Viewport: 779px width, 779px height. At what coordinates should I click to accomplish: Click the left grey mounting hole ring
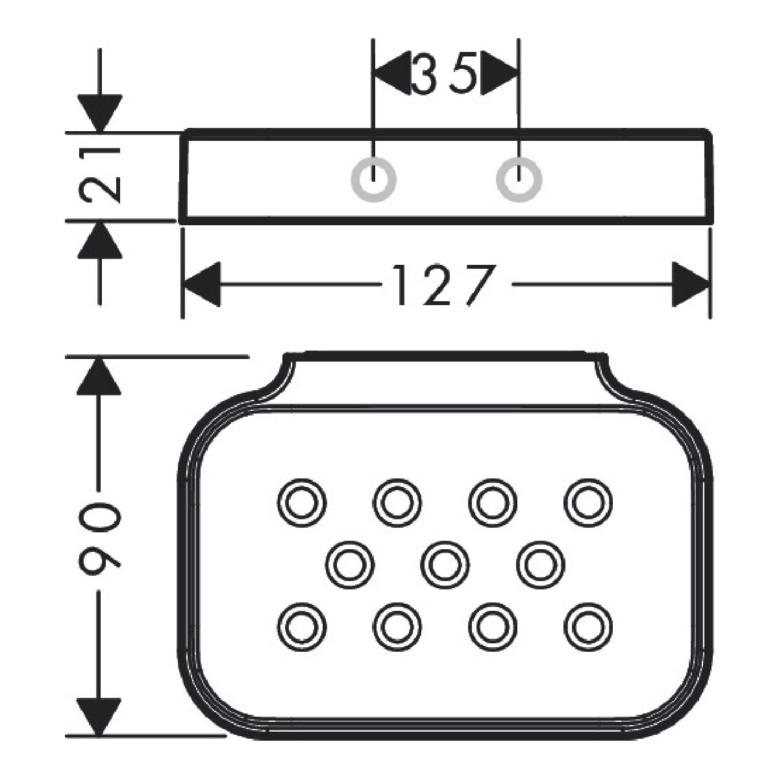(373, 178)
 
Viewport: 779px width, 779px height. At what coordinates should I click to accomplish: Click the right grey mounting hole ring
(519, 178)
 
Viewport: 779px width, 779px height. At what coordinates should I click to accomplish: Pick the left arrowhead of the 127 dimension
(201, 284)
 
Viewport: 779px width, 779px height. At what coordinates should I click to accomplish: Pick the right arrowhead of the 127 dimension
(689, 284)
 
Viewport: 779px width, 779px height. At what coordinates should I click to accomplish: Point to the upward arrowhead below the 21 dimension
(99, 240)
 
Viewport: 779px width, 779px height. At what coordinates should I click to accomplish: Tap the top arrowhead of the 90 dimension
(99, 376)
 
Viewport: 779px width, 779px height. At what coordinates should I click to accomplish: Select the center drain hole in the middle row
(445, 563)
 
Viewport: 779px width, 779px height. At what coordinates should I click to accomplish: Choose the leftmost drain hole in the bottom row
(301, 625)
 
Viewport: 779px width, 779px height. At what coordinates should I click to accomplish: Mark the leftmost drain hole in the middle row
(349, 563)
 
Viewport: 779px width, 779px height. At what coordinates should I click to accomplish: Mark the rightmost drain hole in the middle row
(541, 563)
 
